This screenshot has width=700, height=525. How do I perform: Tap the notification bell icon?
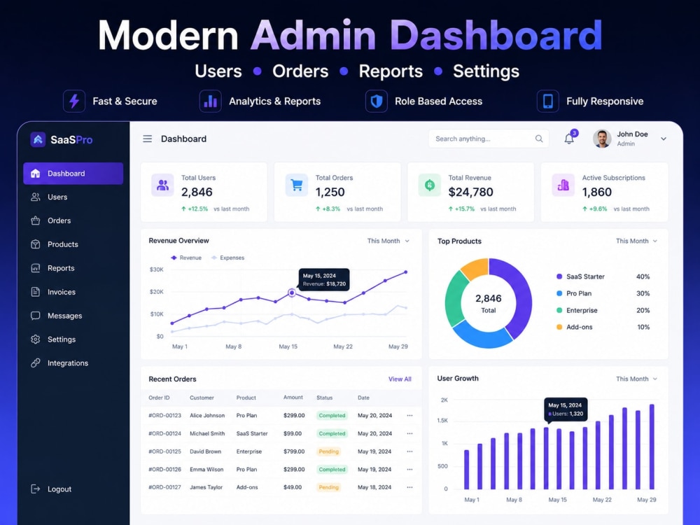[x=569, y=139]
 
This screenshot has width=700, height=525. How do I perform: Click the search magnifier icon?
[x=539, y=139]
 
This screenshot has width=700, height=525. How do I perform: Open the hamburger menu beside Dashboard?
[x=147, y=139]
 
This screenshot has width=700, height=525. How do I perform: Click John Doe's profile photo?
[x=602, y=139]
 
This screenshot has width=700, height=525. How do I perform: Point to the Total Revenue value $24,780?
[x=470, y=192]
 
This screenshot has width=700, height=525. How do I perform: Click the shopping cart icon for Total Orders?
[x=297, y=185]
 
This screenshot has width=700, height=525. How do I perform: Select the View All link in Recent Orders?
[x=400, y=379]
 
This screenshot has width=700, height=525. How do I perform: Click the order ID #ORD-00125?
[x=164, y=451]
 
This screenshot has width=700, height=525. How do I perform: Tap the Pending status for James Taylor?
[x=328, y=487]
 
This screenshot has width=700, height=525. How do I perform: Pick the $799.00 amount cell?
[x=294, y=451]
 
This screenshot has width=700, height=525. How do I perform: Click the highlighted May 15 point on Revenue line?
[x=291, y=293]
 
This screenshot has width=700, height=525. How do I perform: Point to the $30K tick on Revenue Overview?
[x=156, y=269]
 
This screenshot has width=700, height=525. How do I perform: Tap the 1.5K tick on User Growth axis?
[x=442, y=421]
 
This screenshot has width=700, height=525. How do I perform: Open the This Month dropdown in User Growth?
[x=636, y=379]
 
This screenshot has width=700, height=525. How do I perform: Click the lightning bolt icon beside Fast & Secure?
[x=74, y=101]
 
